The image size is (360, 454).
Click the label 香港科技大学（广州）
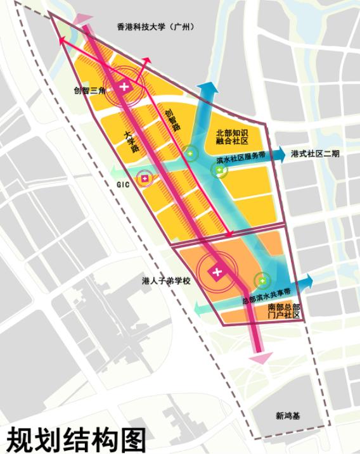155,27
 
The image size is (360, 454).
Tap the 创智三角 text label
89,89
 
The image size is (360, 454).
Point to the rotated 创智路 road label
172,117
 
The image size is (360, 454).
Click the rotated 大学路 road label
131,142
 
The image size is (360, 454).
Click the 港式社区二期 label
315,154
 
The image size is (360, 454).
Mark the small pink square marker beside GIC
145,179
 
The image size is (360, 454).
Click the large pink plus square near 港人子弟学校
217,272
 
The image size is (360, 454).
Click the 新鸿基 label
288,415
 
